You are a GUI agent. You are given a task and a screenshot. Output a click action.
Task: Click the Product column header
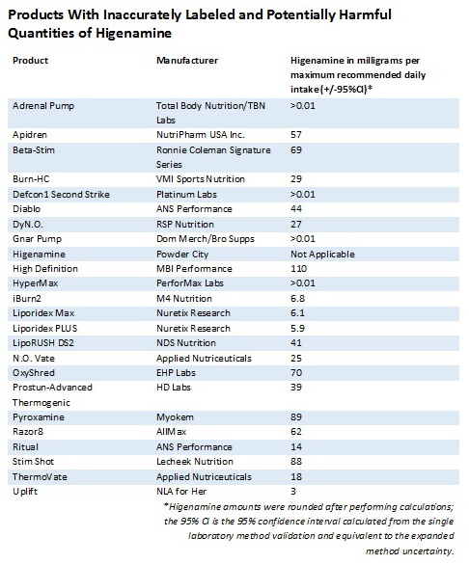[x=30, y=60]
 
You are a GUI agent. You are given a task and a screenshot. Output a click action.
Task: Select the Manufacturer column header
[x=187, y=60]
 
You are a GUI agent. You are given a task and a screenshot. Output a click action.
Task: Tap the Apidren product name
[x=30, y=135]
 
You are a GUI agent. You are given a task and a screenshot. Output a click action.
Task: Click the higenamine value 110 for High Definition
[x=298, y=269]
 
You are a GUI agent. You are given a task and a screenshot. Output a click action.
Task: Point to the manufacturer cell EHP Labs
[x=176, y=373]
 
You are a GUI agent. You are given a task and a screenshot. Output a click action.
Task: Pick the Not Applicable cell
[x=322, y=255]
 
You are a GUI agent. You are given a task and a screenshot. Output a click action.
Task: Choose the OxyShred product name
[x=34, y=373]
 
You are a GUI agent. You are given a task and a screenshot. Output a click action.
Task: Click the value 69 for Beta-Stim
[x=296, y=150]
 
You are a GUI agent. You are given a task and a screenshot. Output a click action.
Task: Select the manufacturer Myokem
[x=175, y=417]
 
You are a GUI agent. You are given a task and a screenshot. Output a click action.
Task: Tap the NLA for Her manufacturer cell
[x=181, y=492]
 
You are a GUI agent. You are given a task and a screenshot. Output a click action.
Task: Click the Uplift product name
[x=25, y=492]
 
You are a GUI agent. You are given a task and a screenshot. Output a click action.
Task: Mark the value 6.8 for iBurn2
[x=297, y=299]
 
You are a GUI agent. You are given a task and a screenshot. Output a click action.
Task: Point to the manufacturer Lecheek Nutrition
[x=195, y=462]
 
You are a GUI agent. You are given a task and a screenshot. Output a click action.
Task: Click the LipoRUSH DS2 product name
[x=43, y=343]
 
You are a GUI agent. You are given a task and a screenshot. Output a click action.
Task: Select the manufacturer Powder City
[x=182, y=255]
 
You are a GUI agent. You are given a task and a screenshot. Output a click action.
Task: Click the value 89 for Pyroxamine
[x=296, y=417]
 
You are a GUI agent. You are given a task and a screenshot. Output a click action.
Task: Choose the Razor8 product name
[x=28, y=432]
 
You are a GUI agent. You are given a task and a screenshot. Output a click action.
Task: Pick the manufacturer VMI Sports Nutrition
[x=201, y=179]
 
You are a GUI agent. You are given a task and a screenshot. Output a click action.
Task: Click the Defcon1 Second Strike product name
[x=61, y=195]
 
